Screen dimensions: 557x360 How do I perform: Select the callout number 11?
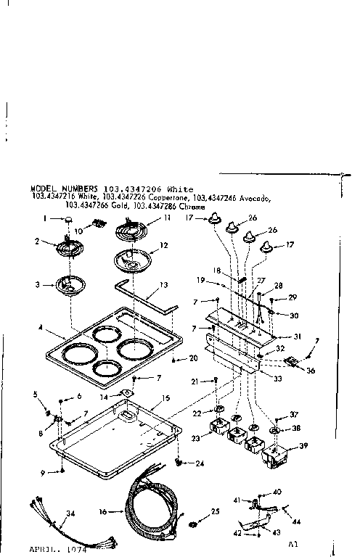(x=167, y=218)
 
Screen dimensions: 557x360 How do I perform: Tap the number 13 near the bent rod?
(x=164, y=285)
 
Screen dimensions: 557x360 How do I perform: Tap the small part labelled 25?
(x=192, y=523)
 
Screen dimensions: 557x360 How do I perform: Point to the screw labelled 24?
(x=178, y=461)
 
